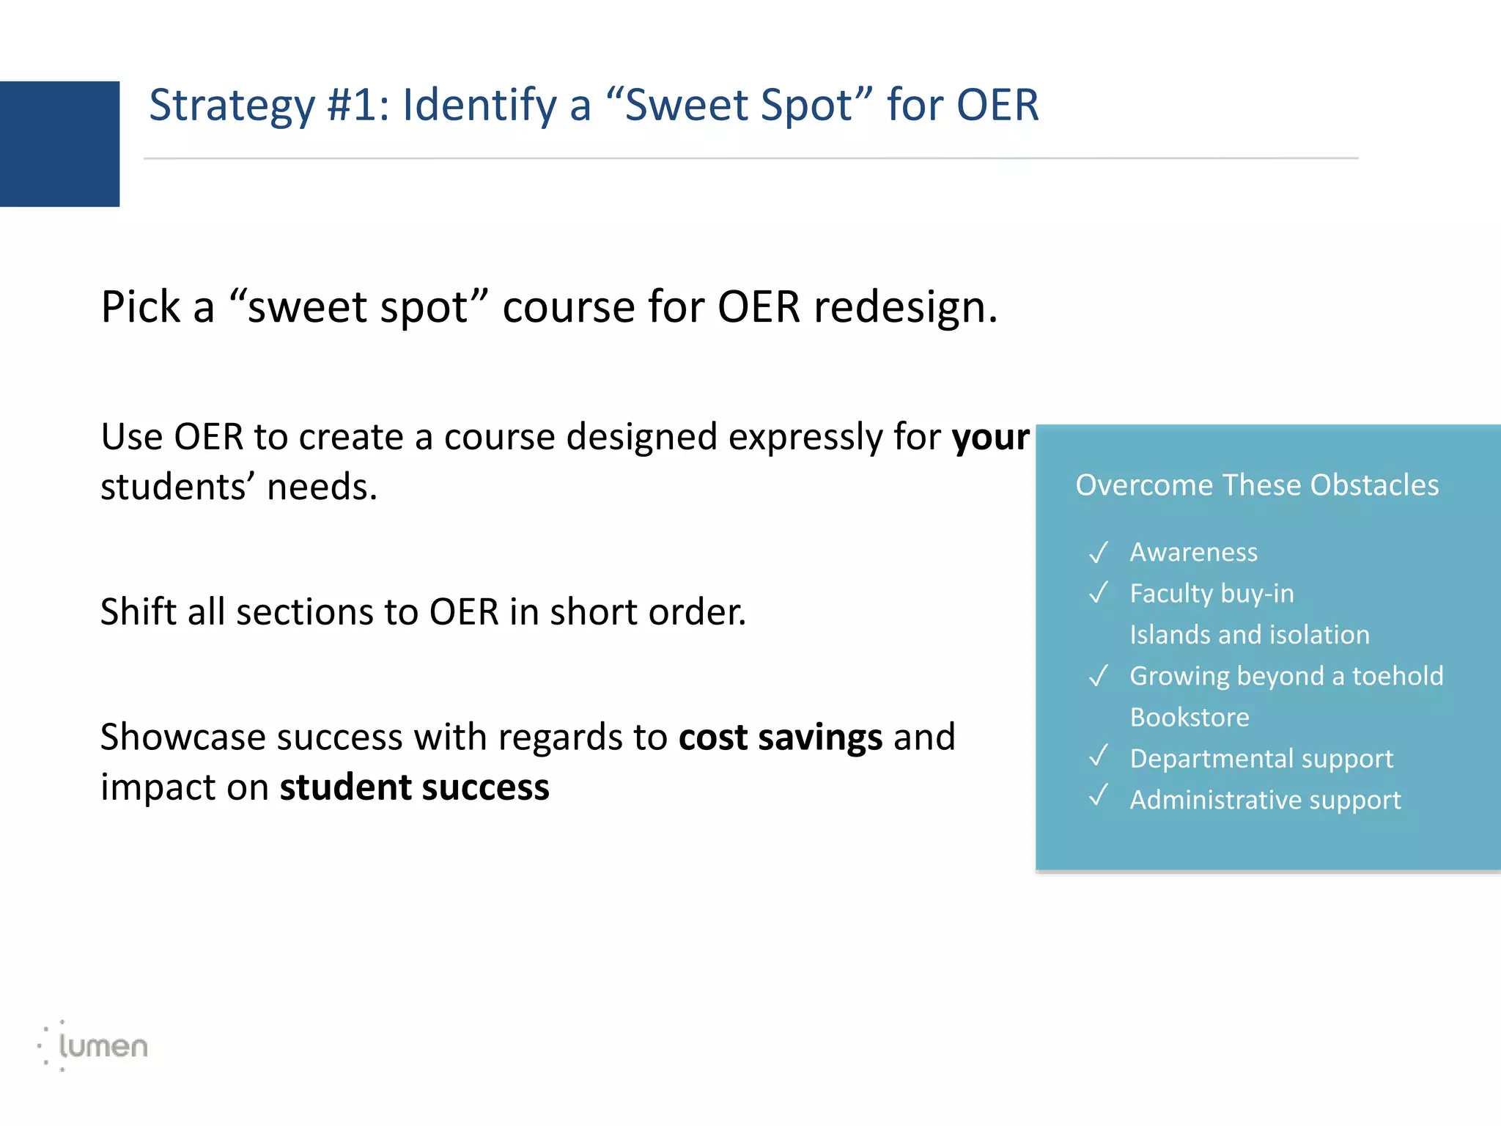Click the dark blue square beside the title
59,144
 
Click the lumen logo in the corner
94,1045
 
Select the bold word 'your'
990,438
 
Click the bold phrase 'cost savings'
780,737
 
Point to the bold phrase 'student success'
414,787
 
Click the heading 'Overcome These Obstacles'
1256,485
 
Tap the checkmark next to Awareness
1098,552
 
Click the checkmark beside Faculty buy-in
1098,592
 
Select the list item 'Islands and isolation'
1249,635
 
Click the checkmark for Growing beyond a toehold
1098,675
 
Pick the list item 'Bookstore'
1189,717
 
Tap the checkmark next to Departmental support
1098,756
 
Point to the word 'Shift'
137,611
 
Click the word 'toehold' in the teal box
1397,676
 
